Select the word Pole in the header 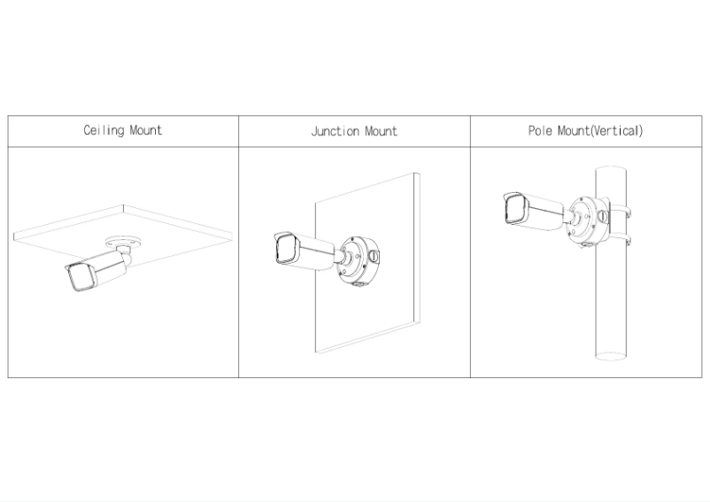pos(540,131)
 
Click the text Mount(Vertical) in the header pos(600,131)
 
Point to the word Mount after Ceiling pos(146,130)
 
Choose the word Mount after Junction pos(382,131)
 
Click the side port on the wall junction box pos(373,257)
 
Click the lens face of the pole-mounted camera pos(514,209)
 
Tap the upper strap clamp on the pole pos(620,212)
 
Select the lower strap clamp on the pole pos(620,238)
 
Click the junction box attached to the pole pos(587,220)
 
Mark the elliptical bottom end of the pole pos(610,356)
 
